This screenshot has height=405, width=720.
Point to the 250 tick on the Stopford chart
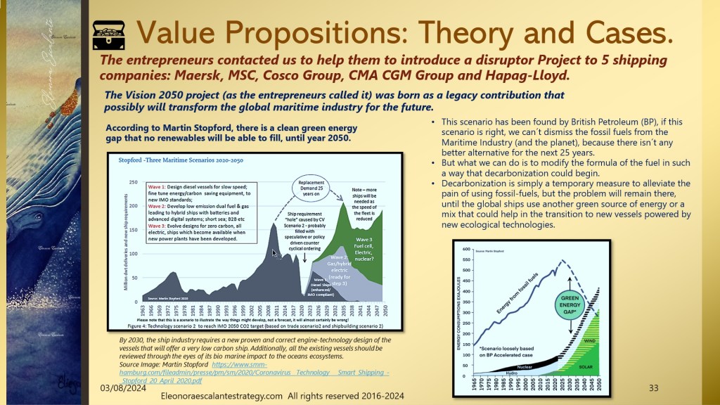(x=132, y=182)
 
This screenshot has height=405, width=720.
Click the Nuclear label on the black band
(x=522, y=366)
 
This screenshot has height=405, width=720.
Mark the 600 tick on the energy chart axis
(x=465, y=250)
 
